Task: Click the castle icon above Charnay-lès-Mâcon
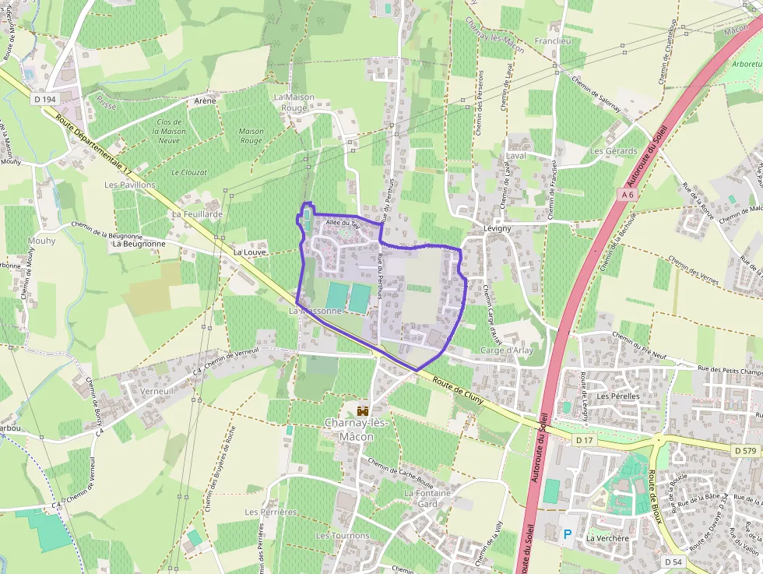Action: point(362,410)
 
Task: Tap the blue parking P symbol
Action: point(568,534)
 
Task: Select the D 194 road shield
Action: point(46,100)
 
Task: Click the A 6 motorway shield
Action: point(628,193)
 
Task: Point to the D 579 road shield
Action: point(744,450)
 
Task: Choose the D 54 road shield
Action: point(673,562)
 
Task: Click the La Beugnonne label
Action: point(139,244)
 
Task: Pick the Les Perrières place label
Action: point(270,512)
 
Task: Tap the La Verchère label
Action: point(608,538)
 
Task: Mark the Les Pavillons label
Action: point(130,185)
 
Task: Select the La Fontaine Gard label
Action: point(427,498)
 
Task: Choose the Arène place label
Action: point(205,101)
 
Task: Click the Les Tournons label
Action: point(343,536)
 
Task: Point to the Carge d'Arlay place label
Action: point(507,350)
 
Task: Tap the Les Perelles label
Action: point(618,396)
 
